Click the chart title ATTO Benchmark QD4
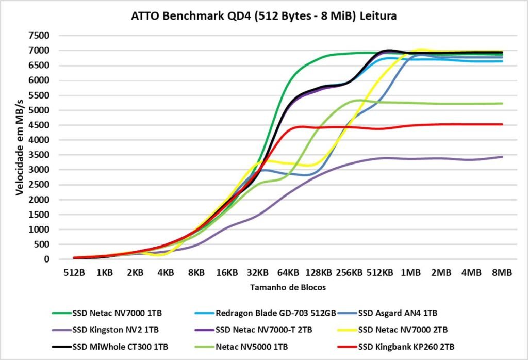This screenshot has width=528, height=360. [264, 17]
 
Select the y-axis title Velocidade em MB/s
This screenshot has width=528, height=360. [20, 148]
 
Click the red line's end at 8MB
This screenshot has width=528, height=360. [502, 124]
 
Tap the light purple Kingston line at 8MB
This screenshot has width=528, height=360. [502, 157]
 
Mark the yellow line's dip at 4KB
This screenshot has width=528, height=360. [163, 254]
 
